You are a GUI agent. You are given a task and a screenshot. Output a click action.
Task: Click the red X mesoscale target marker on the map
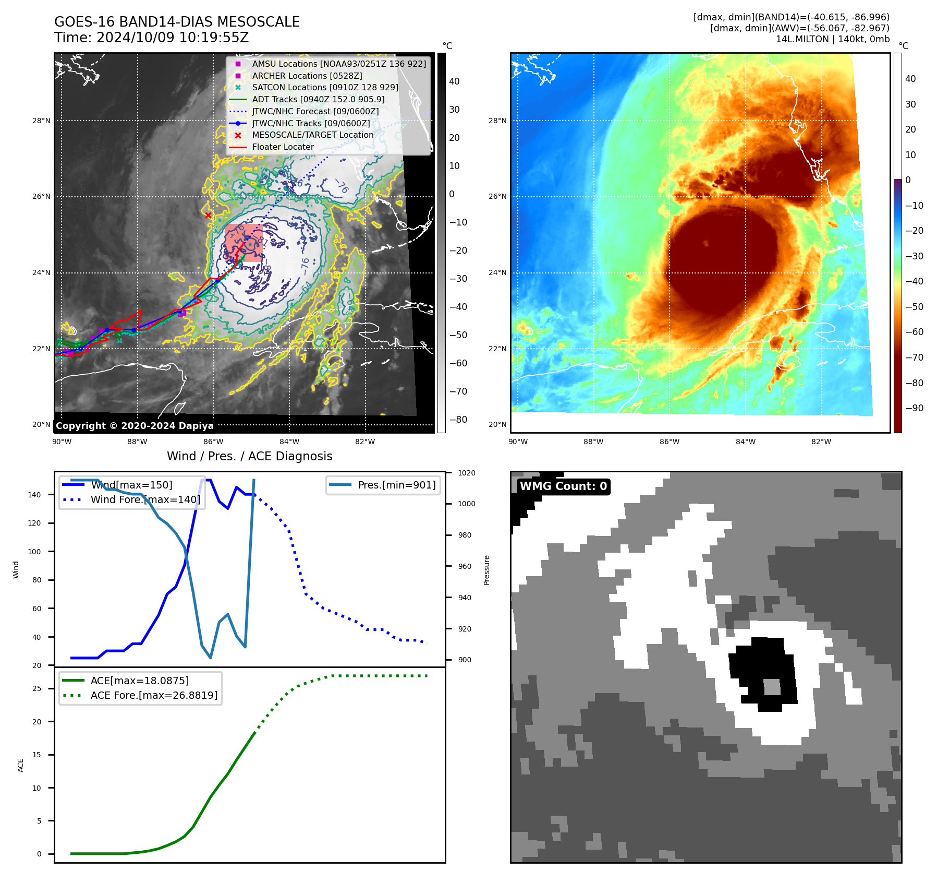208,215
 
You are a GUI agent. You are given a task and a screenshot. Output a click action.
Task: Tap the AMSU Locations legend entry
338,64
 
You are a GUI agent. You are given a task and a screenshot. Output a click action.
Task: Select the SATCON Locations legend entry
324,88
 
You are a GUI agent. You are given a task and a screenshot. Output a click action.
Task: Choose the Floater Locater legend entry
283,147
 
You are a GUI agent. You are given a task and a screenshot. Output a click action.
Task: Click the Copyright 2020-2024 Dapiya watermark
135,426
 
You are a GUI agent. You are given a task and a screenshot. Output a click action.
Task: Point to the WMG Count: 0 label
563,486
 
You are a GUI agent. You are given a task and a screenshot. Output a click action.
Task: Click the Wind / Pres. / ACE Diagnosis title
249,456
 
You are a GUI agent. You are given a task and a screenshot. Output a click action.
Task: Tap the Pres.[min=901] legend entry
396,485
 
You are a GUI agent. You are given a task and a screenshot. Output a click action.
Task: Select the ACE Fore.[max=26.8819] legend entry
154,695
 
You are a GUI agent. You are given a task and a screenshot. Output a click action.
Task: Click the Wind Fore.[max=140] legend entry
145,499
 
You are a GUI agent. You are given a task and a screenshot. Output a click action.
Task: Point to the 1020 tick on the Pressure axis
466,473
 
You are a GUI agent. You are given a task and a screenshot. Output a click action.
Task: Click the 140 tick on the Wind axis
34,495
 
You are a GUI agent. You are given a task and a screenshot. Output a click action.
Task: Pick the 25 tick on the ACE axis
36,689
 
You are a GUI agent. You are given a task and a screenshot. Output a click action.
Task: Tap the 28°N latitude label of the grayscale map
42,121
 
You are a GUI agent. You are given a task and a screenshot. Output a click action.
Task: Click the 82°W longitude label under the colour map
821,442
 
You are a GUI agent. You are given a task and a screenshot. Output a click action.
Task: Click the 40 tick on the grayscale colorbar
454,81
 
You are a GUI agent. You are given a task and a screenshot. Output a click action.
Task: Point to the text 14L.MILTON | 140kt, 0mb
832,39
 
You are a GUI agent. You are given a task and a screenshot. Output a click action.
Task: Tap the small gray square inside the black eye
772,686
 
